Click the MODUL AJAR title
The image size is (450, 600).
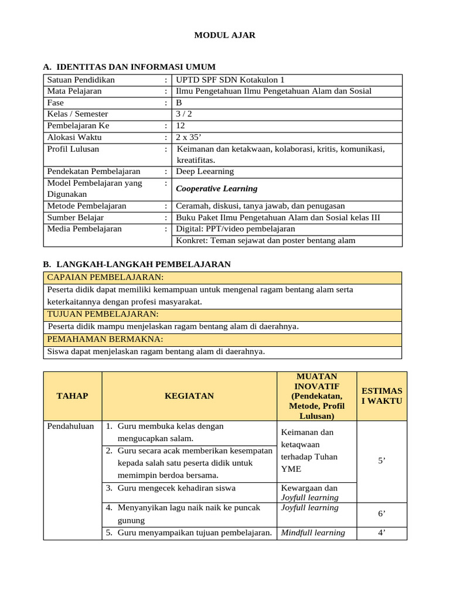click(225, 36)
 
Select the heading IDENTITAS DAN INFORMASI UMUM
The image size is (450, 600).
click(135, 67)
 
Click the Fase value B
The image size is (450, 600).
click(179, 103)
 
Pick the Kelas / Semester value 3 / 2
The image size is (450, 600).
click(184, 114)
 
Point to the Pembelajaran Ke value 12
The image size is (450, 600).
click(180, 126)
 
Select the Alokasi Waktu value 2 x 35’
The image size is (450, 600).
click(188, 137)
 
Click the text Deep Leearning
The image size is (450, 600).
click(204, 172)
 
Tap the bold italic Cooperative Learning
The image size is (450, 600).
click(217, 189)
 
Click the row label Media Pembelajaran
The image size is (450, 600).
click(84, 229)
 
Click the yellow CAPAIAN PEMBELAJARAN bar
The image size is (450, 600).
click(223, 277)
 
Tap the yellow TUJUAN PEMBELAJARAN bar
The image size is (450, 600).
click(223, 315)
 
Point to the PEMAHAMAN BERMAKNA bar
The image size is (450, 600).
click(223, 339)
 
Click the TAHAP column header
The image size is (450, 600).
click(72, 396)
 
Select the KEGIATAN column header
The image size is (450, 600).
click(189, 396)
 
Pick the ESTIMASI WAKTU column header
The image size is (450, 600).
click(381, 396)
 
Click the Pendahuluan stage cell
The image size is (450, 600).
click(70, 427)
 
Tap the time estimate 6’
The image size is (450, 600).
click(381, 513)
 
